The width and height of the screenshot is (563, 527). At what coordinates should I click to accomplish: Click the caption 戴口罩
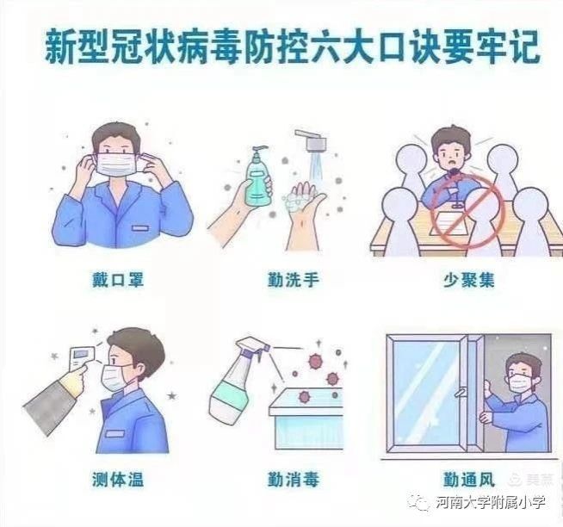(118, 280)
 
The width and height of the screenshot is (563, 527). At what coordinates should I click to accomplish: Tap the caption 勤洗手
(294, 280)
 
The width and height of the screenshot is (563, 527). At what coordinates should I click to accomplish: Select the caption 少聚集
(469, 280)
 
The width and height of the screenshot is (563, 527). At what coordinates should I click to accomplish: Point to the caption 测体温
(118, 480)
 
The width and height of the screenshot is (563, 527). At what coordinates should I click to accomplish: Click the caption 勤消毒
(294, 480)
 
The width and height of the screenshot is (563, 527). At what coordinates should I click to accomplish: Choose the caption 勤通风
(469, 480)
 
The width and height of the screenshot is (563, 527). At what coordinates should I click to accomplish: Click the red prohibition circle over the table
(467, 211)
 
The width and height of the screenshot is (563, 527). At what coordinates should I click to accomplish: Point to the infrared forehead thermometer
(82, 358)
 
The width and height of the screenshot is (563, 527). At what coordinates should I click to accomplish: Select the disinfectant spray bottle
(236, 380)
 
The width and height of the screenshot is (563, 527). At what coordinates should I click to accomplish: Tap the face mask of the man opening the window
(521, 383)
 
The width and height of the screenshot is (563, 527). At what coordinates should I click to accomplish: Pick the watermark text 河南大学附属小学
(491, 502)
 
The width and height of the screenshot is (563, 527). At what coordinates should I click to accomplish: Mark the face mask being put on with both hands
(118, 164)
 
